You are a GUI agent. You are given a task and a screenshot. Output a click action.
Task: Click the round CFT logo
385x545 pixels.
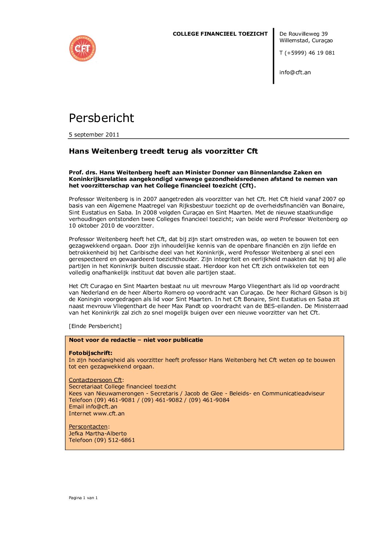[83, 48]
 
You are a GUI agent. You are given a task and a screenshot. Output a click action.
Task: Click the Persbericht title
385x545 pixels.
[102, 118]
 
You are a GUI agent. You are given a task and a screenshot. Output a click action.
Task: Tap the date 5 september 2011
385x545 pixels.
[94, 135]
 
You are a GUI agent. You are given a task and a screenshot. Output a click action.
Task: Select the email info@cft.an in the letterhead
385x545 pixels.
[295, 72]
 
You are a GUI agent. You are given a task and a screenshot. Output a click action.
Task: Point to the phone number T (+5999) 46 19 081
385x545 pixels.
[307, 53]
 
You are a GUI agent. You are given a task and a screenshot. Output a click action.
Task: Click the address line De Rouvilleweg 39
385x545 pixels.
[303, 34]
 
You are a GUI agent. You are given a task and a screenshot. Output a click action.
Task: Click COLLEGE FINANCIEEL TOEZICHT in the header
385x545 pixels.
[220, 34]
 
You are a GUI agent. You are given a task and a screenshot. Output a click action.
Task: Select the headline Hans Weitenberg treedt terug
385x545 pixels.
[163, 151]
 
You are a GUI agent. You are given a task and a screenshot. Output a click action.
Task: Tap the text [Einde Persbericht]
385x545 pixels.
[95, 326]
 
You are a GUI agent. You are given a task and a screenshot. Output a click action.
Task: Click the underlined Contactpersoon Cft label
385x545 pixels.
[95, 380]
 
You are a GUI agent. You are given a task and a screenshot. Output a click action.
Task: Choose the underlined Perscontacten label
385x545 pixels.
[88, 427]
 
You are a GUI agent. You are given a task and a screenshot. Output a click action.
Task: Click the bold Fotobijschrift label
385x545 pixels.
[91, 353]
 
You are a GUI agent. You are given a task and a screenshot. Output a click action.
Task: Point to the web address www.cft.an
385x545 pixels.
[109, 414]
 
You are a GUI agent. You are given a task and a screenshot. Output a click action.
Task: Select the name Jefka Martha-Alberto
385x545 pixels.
[98, 434]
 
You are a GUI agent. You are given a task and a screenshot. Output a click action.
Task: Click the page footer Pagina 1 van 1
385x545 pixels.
[83, 498]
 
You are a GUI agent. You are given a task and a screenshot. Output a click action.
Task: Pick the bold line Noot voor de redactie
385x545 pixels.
[136, 340]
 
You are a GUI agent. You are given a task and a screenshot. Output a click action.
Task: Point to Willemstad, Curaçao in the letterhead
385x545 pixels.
[306, 40]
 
